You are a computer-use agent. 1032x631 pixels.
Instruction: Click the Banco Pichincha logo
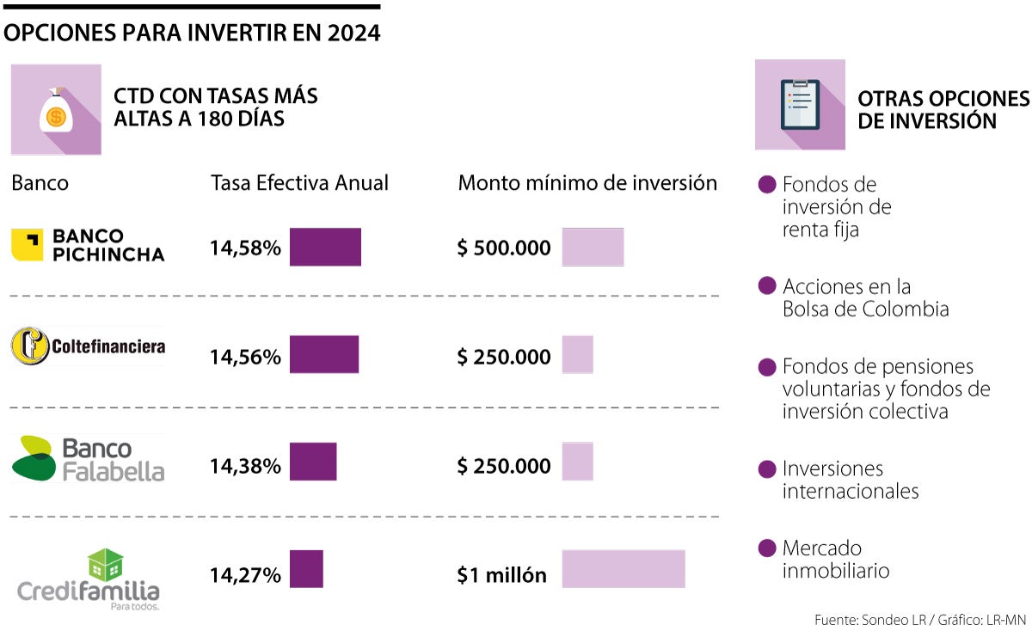(x=88, y=245)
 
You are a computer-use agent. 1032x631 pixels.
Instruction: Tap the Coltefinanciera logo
(x=88, y=346)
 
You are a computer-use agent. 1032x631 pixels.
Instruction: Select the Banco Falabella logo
(x=88, y=459)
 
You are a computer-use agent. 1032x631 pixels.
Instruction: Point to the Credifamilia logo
(x=89, y=579)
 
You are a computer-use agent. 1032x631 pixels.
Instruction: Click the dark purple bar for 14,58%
(x=325, y=247)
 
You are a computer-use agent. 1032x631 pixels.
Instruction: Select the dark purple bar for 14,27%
(x=306, y=569)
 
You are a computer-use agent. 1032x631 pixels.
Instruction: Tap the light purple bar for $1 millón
(x=623, y=569)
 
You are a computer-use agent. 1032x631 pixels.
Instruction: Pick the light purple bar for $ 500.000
(x=593, y=247)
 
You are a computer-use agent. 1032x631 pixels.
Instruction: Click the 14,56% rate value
(x=245, y=357)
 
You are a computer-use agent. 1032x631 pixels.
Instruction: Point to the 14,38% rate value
(x=245, y=466)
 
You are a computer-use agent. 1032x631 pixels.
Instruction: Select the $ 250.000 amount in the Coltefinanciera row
(x=504, y=357)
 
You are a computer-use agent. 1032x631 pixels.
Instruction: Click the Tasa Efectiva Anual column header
(x=299, y=183)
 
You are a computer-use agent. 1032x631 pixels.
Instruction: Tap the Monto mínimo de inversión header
(x=587, y=183)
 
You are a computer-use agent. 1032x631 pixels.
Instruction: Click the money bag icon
(x=56, y=112)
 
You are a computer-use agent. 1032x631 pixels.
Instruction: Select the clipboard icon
(x=800, y=105)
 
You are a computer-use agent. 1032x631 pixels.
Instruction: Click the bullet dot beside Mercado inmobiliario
(x=768, y=548)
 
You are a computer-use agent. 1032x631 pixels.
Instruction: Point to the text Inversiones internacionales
(x=850, y=480)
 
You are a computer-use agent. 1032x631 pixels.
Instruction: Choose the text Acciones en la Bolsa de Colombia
(x=865, y=297)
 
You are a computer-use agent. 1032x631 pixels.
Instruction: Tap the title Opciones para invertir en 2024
(x=192, y=33)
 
